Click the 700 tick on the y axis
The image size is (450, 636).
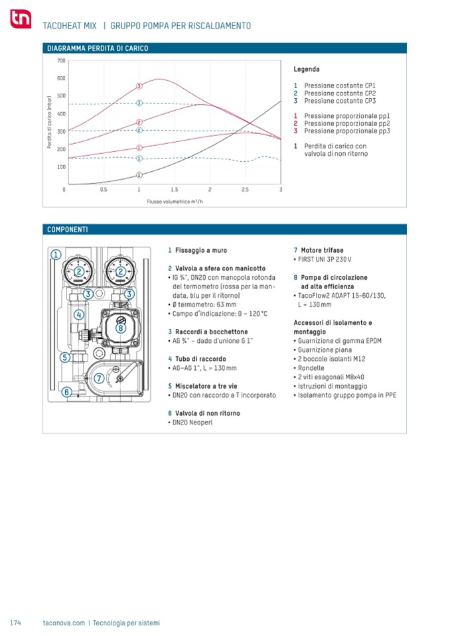(x=61, y=61)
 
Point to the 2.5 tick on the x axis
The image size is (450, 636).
(x=245, y=190)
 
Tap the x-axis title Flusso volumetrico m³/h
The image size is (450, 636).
(x=175, y=201)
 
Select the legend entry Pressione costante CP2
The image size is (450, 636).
(x=340, y=94)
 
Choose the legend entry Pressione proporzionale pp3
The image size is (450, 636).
(x=346, y=131)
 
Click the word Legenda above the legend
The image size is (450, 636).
(x=307, y=69)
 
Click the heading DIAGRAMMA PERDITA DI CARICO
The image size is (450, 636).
(x=98, y=48)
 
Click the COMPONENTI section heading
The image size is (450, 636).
(x=68, y=229)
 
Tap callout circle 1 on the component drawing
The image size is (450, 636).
(x=57, y=254)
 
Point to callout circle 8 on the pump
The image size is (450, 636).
(x=121, y=327)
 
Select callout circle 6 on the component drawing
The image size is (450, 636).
(x=66, y=391)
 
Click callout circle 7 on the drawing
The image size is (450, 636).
(x=98, y=378)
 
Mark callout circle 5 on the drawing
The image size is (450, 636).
(x=65, y=357)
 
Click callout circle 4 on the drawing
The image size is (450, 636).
(x=79, y=314)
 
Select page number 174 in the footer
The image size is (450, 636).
(x=16, y=623)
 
